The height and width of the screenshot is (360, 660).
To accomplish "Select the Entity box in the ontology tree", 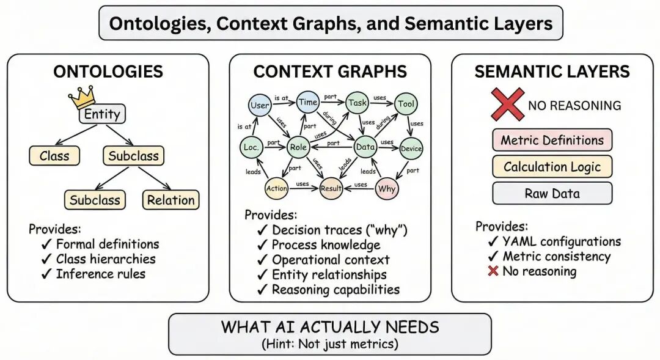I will click(102, 114).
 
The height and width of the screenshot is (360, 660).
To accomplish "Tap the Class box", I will click(54, 156).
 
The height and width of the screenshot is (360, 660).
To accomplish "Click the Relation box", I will click(171, 200).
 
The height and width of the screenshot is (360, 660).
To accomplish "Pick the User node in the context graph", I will click(260, 105).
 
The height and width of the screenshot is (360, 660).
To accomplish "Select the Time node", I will click(308, 102).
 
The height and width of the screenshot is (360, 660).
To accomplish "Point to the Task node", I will click(358, 103).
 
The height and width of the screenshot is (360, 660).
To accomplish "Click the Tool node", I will click(406, 104).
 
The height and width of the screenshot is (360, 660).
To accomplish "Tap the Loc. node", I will click(251, 147).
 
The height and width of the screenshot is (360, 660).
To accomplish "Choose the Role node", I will click(298, 147).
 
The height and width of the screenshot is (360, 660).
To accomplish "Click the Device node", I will click(411, 149).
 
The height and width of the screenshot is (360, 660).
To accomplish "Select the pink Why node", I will click(387, 189).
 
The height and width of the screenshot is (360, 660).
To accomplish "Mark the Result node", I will click(331, 189).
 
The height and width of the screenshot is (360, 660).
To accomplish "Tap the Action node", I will click(276, 189).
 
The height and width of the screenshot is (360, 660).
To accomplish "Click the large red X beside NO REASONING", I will click(507, 104).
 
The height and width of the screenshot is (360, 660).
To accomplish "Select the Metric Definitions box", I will click(552, 140).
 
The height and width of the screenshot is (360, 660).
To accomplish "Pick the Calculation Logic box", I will click(552, 167).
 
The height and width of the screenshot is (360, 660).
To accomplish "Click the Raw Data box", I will click(552, 194).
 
